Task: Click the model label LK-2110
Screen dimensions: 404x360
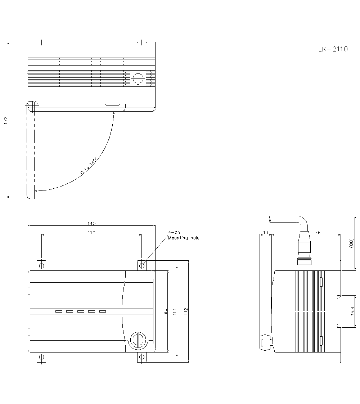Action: click(333, 49)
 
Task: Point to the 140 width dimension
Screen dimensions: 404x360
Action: click(91, 223)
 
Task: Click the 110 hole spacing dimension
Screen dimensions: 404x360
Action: click(91, 233)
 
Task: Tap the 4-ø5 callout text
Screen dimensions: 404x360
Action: click(174, 233)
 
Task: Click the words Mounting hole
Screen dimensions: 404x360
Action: click(183, 238)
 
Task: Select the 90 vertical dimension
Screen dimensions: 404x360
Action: click(165, 311)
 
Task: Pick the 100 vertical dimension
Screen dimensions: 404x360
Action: click(175, 311)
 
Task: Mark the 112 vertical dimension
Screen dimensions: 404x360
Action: click(186, 311)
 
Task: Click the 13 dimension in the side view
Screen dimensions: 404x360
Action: click(265, 233)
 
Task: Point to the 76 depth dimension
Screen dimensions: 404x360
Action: click(318, 233)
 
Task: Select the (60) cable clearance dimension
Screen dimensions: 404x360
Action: click(351, 243)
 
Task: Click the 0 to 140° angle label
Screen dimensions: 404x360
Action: click(89, 166)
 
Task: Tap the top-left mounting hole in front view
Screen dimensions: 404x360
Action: click(41, 266)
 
